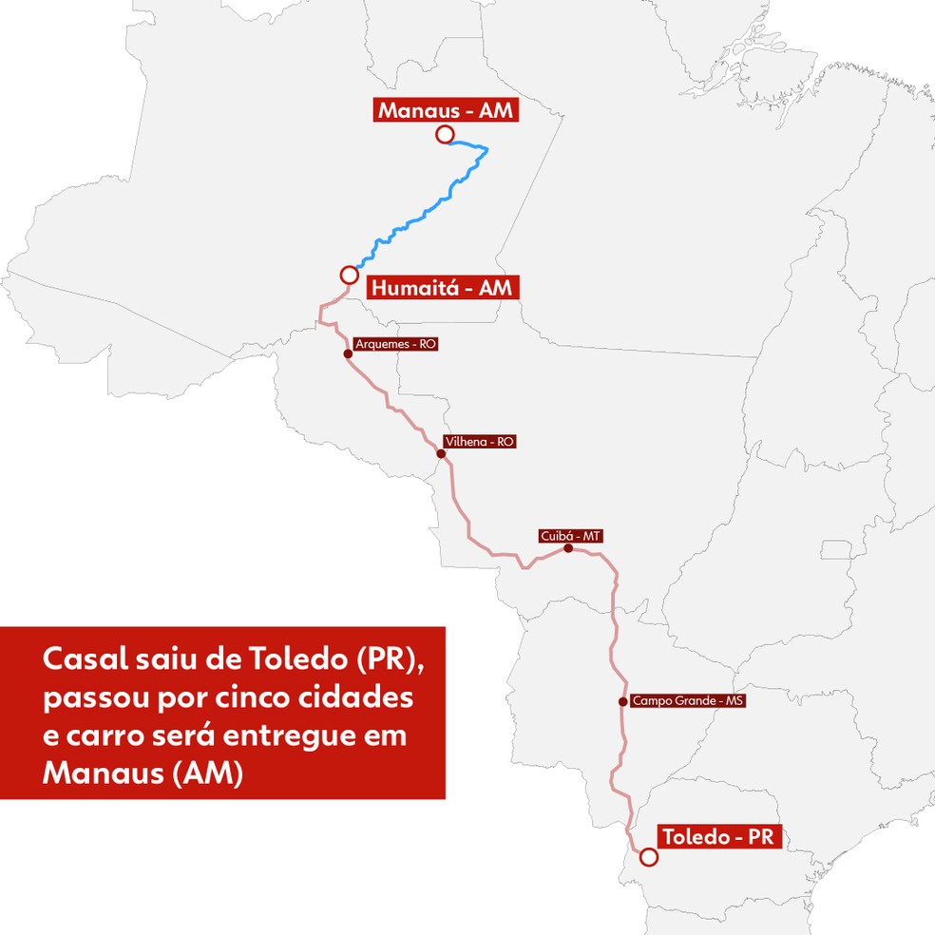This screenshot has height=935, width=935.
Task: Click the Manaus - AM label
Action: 446,110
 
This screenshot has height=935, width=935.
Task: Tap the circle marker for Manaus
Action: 444,135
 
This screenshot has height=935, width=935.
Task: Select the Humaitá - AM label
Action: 442,286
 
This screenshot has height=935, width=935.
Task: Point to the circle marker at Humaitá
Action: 349,275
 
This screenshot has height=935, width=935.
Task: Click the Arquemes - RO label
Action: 394,345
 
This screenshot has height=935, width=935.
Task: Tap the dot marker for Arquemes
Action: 348,353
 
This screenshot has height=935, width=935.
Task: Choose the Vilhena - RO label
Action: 479,442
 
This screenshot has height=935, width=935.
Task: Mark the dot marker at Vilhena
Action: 441,453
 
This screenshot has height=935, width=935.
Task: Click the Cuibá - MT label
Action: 570,537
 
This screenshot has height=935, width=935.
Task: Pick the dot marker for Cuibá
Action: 568,548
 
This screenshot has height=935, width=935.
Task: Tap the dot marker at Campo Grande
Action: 622,702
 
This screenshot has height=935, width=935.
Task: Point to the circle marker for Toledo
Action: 648,857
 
